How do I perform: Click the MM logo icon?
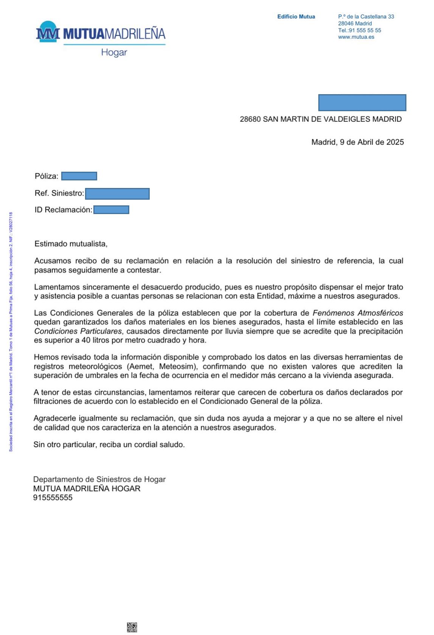pyautogui.click(x=48, y=32)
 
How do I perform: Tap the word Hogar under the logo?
pyautogui.click(x=114, y=52)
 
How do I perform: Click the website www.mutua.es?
pyautogui.click(x=356, y=37)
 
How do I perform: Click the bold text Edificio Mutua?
pyautogui.click(x=296, y=17)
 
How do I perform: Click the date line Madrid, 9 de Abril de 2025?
pyautogui.click(x=357, y=142)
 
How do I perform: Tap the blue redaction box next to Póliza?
pyautogui.click(x=79, y=176)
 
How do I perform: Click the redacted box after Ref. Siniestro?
pyautogui.click(x=117, y=194)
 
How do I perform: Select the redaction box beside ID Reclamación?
pyautogui.click(x=111, y=210)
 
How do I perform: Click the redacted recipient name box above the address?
pyautogui.click(x=362, y=102)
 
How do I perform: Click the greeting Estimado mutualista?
pyautogui.click(x=71, y=244)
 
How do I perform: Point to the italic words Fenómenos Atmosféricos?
pyautogui.click(x=357, y=313)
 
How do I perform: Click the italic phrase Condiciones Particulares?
pyautogui.click(x=78, y=331)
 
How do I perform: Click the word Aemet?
pyautogui.click(x=141, y=366)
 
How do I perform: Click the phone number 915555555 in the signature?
pyautogui.click(x=53, y=498)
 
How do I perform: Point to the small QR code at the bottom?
pyautogui.click(x=132, y=627)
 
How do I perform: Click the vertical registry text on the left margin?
pyautogui.click(x=11, y=331)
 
